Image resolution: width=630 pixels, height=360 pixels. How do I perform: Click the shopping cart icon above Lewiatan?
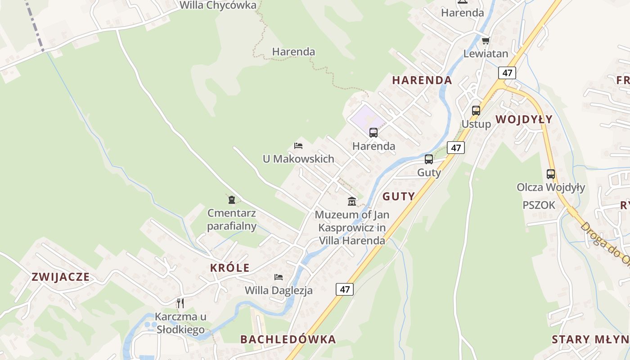click(486, 41)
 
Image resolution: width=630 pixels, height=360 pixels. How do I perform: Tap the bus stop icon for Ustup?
click(476, 111)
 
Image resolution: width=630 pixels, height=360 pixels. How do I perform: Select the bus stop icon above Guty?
click(429, 159)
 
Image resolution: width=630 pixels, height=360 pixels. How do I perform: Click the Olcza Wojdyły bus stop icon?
click(550, 174)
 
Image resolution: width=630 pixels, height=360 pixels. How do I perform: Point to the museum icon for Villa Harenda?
click(352, 201)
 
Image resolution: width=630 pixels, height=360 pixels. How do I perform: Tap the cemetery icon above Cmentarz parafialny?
click(232, 199)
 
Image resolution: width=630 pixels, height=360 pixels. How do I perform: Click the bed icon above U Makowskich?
click(298, 146)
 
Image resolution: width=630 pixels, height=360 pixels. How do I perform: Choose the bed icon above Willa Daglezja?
click(279, 277)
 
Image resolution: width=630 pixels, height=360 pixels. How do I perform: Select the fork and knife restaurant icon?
click(180, 303)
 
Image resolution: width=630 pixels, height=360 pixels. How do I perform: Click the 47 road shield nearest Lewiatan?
click(507, 73)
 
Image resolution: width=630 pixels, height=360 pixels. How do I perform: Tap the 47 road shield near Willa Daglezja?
click(345, 289)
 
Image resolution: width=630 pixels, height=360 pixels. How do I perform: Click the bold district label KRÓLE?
click(229, 268)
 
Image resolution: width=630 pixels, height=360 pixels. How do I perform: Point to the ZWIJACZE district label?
click(60, 277)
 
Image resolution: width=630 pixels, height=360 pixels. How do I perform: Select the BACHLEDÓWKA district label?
click(288, 339)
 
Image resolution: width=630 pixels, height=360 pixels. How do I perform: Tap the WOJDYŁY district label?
click(524, 119)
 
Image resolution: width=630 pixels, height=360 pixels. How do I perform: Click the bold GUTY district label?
click(398, 196)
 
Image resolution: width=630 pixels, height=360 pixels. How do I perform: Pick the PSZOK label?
click(539, 205)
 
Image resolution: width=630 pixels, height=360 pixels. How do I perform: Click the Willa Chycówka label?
click(218, 5)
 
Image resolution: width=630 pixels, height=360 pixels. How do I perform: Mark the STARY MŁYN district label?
click(590, 339)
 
